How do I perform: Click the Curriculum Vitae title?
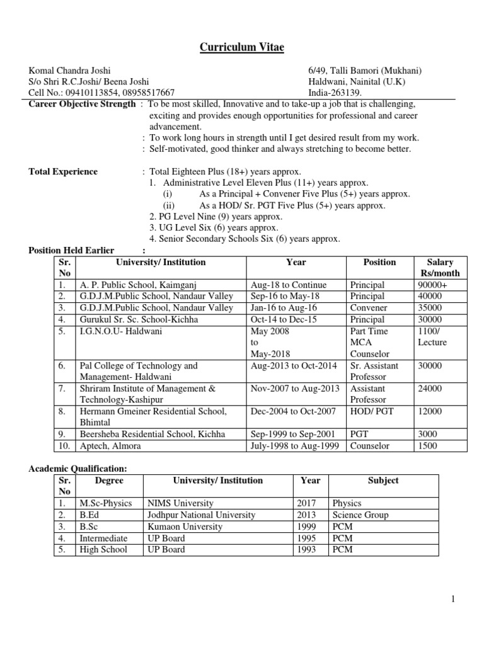click(x=241, y=47)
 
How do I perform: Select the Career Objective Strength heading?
click(x=83, y=104)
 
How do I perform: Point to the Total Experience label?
click(x=64, y=171)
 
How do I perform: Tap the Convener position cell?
click(x=370, y=308)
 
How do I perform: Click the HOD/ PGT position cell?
click(x=373, y=411)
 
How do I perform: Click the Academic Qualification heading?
click(x=79, y=469)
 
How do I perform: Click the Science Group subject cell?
click(x=360, y=515)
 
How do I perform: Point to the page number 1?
click(x=452, y=599)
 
